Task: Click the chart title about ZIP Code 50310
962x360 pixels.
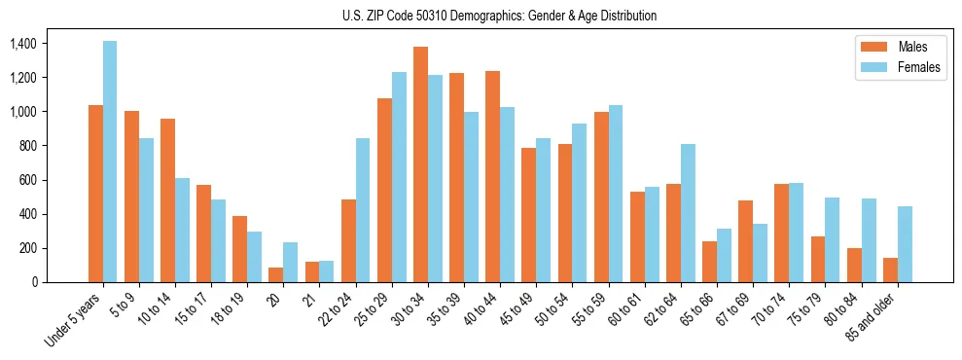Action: coord(500,16)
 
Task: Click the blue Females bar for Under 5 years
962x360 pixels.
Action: coord(110,162)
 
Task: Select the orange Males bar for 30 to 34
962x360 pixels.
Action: coord(420,164)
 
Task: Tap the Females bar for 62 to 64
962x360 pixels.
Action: coord(688,213)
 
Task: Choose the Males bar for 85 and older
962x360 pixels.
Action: coord(890,270)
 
